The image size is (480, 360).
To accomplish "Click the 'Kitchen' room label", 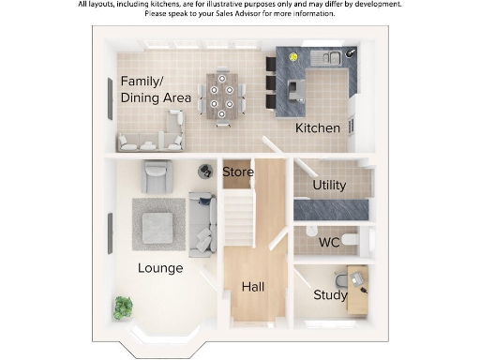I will pos(317,127).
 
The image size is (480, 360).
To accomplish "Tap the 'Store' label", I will pos(237,172).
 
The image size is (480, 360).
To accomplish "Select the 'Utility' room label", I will pos(329,186).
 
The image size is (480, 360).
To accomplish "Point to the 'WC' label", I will pos(329,242).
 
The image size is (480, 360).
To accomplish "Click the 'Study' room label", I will pos(330,295).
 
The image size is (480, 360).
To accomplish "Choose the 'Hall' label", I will pos(253,287).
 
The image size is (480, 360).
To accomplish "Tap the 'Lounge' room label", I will pos(160,268).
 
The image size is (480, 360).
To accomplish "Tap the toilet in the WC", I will pos(351,240).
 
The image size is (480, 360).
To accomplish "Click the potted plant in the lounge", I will pos(123,306).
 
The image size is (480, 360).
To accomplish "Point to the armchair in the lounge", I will pos(157,175).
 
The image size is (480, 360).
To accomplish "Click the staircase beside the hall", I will pos(238,218).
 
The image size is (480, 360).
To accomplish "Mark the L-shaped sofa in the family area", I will pos(155,137).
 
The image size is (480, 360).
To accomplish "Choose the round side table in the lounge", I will pos(205,171).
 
